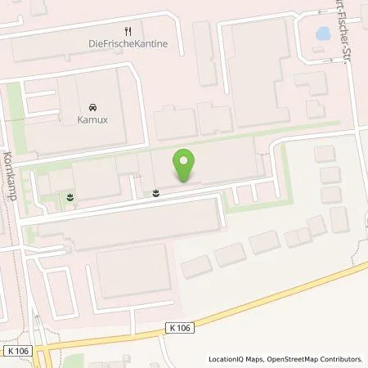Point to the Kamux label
[x=91, y=121]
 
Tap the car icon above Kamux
[x=91, y=107]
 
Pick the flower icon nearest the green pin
[x=156, y=193]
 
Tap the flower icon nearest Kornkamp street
[x=70, y=197]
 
